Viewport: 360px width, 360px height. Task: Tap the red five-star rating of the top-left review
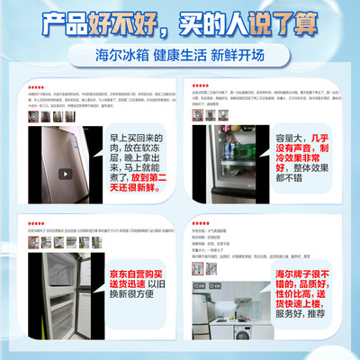pos(34,85)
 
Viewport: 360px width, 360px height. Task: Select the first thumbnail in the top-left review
pos(34,116)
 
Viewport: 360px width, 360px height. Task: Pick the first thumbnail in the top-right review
pos(197,115)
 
